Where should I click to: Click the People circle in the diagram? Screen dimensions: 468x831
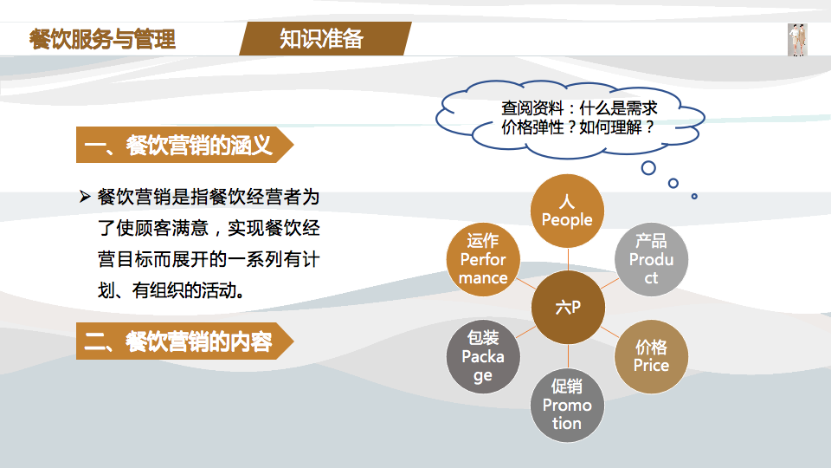click(x=567, y=211)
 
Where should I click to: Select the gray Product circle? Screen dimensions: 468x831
click(x=651, y=259)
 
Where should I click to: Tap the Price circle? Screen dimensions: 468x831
click(x=651, y=356)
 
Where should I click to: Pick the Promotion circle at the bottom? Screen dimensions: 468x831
click(x=567, y=405)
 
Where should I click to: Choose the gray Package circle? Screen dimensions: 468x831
click(x=483, y=356)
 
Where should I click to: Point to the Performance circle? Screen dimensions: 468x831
click(x=483, y=259)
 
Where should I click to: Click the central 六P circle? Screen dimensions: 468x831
click(x=568, y=307)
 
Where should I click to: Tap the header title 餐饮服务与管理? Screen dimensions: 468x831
click(x=102, y=39)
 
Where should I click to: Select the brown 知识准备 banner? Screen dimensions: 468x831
click(x=322, y=39)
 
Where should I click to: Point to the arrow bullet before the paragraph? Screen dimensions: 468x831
click(x=85, y=198)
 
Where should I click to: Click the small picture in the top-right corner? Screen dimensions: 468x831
click(x=797, y=40)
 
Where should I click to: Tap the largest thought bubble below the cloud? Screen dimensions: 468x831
click(x=648, y=167)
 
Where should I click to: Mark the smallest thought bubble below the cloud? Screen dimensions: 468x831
click(x=694, y=196)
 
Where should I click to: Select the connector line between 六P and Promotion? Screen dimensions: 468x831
click(x=568, y=356)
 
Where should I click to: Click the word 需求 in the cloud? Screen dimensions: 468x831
click(x=641, y=108)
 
